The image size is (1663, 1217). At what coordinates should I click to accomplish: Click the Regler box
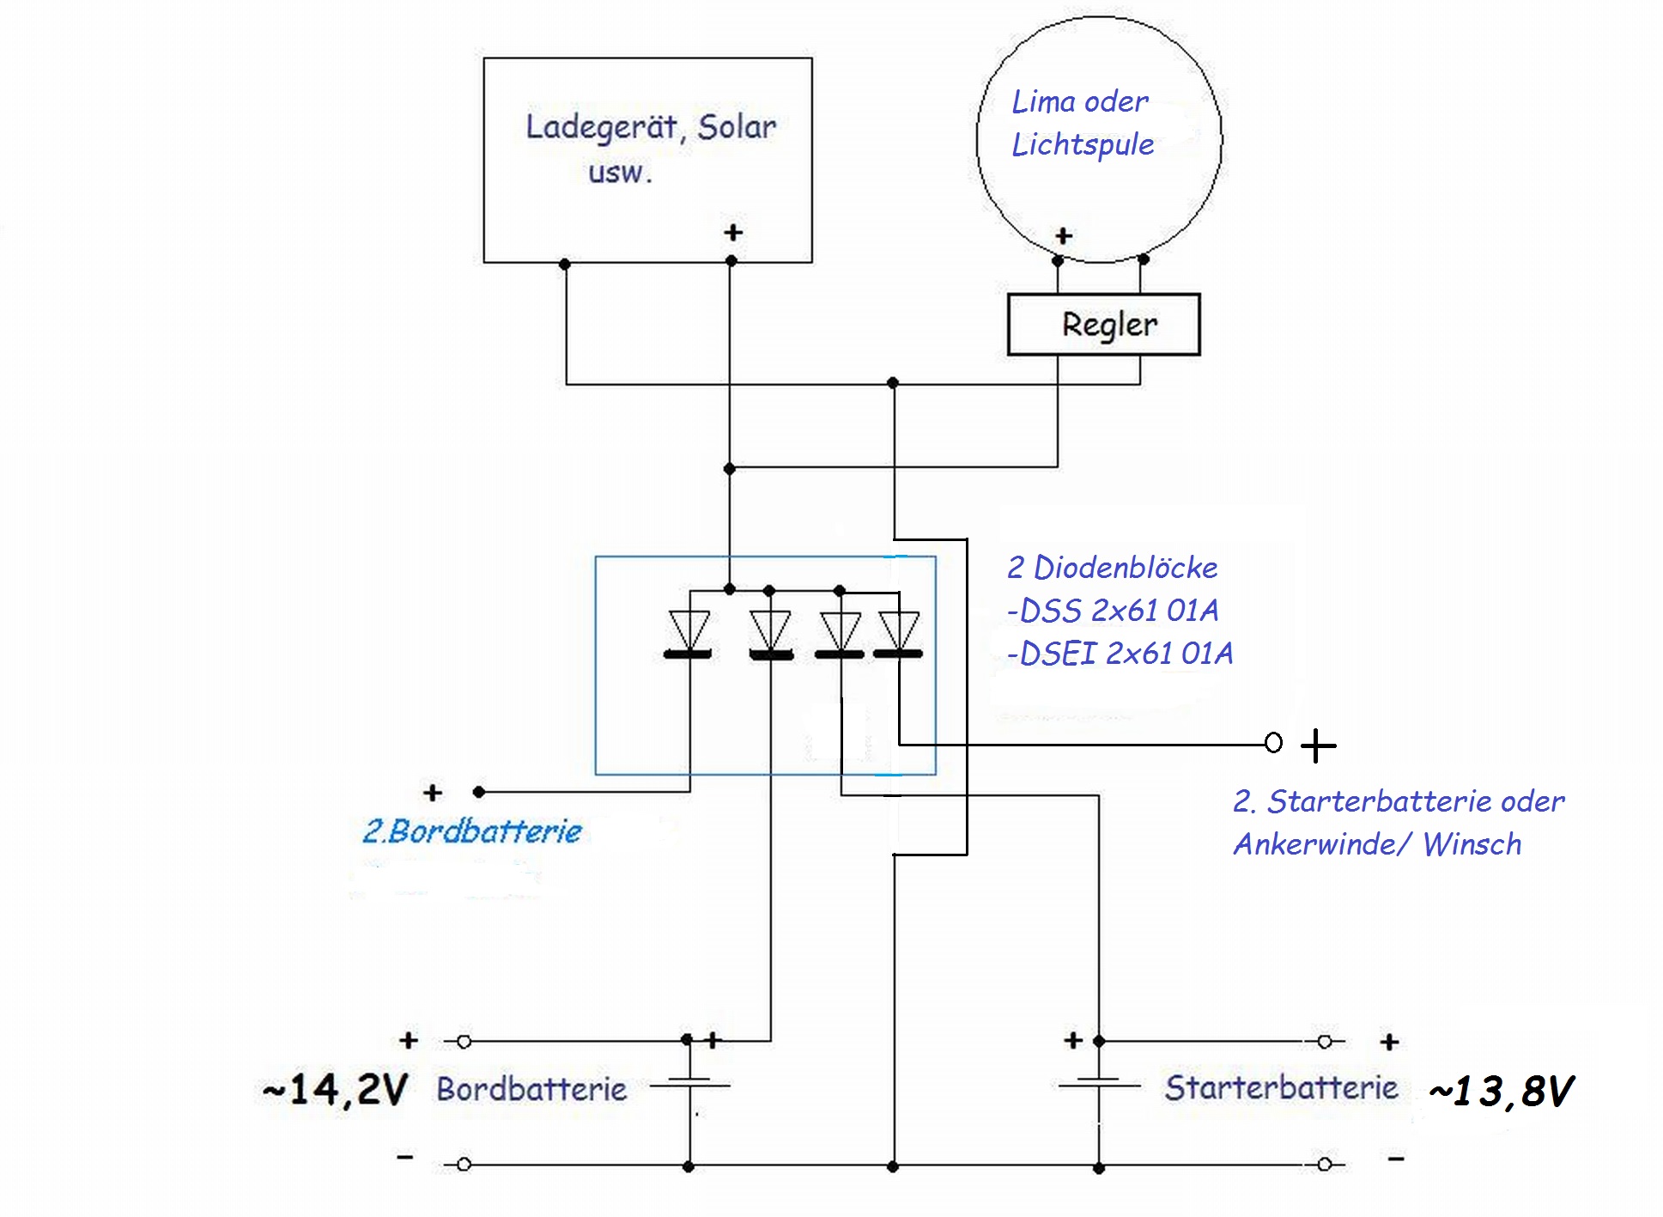[x=1103, y=325]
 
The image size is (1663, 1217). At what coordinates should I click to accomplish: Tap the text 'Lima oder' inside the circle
[x=1079, y=101]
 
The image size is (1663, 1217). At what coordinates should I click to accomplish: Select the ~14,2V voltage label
[x=335, y=1090]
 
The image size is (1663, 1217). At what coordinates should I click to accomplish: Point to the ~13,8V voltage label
[x=1502, y=1092]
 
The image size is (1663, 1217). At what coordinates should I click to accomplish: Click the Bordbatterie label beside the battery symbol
[x=531, y=1089]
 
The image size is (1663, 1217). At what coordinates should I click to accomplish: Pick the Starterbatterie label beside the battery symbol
[x=1281, y=1087]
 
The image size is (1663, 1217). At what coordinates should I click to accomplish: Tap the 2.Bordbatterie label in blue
[x=472, y=831]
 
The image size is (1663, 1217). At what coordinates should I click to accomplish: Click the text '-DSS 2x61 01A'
[x=1113, y=611]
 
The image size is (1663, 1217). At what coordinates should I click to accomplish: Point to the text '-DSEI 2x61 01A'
[x=1120, y=654]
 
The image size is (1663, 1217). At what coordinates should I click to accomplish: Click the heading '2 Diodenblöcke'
[x=1113, y=568]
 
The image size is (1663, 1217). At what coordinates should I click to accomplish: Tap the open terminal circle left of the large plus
[x=1273, y=743]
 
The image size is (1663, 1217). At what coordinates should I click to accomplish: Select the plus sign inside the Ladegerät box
[x=732, y=233]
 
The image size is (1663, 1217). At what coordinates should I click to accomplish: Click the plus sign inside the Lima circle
[x=1064, y=235]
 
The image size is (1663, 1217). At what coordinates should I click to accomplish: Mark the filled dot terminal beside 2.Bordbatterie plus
[x=479, y=792]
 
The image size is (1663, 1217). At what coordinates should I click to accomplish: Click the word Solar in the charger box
[x=737, y=127]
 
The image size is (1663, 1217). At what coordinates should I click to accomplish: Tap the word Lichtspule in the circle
[x=1083, y=144]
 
